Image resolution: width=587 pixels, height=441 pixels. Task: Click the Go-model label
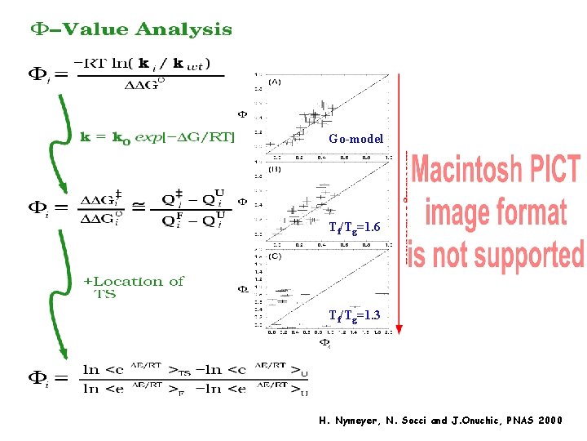pyautogui.click(x=355, y=139)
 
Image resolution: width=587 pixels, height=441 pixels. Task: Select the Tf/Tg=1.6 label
pyautogui.click(x=354, y=226)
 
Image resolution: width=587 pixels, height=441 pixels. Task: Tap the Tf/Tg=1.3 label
pyautogui.click(x=354, y=314)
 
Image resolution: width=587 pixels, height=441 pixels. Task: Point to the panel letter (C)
pyautogui.click(x=276, y=256)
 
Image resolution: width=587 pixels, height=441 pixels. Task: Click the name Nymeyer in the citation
pyautogui.click(x=352, y=421)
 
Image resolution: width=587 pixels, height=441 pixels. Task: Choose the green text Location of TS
pyautogui.click(x=135, y=287)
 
